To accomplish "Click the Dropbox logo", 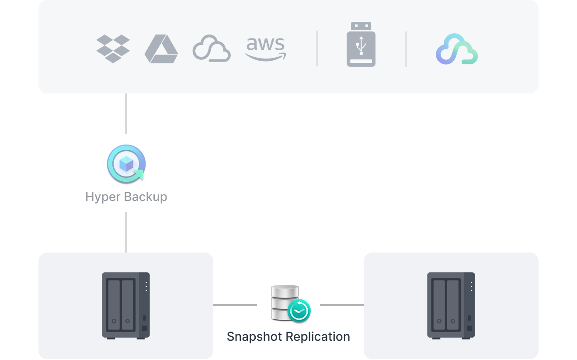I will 113,48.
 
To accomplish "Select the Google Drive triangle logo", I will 161,49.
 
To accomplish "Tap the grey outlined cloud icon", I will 212,49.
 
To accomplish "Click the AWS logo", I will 265,49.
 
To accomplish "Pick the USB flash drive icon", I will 361,45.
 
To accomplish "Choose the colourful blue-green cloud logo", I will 457,49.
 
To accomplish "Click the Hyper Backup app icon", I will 126,164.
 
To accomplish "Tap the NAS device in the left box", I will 126,305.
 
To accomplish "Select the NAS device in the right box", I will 451,305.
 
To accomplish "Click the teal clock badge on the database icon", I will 299,311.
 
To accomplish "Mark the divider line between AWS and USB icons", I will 317,49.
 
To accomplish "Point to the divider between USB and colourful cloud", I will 406,49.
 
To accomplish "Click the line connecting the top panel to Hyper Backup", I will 126,114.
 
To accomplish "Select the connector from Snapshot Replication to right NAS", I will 341,305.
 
